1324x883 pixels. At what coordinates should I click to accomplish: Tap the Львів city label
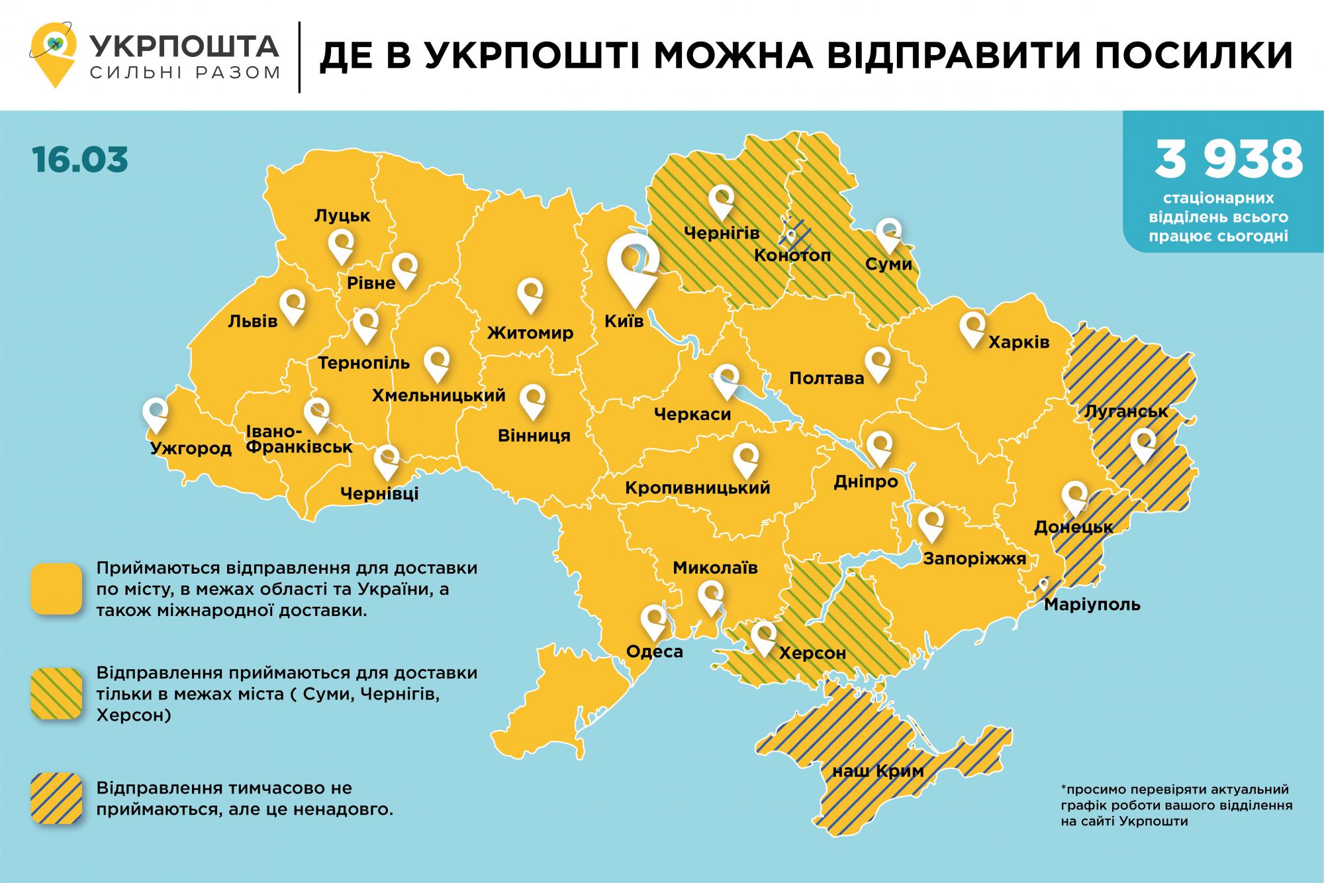(x=252, y=321)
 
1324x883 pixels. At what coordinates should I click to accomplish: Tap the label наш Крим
(x=877, y=771)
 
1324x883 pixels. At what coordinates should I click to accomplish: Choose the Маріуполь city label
(x=1092, y=604)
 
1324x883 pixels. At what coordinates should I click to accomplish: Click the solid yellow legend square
(x=56, y=589)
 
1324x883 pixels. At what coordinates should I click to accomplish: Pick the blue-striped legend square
(x=56, y=799)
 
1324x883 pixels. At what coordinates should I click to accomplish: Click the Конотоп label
(x=792, y=255)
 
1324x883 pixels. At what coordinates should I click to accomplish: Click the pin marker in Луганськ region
(x=1143, y=445)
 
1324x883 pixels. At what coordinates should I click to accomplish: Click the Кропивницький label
(x=698, y=488)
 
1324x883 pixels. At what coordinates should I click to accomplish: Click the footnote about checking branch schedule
(x=1175, y=805)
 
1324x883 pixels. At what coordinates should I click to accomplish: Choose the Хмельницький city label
(x=438, y=396)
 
